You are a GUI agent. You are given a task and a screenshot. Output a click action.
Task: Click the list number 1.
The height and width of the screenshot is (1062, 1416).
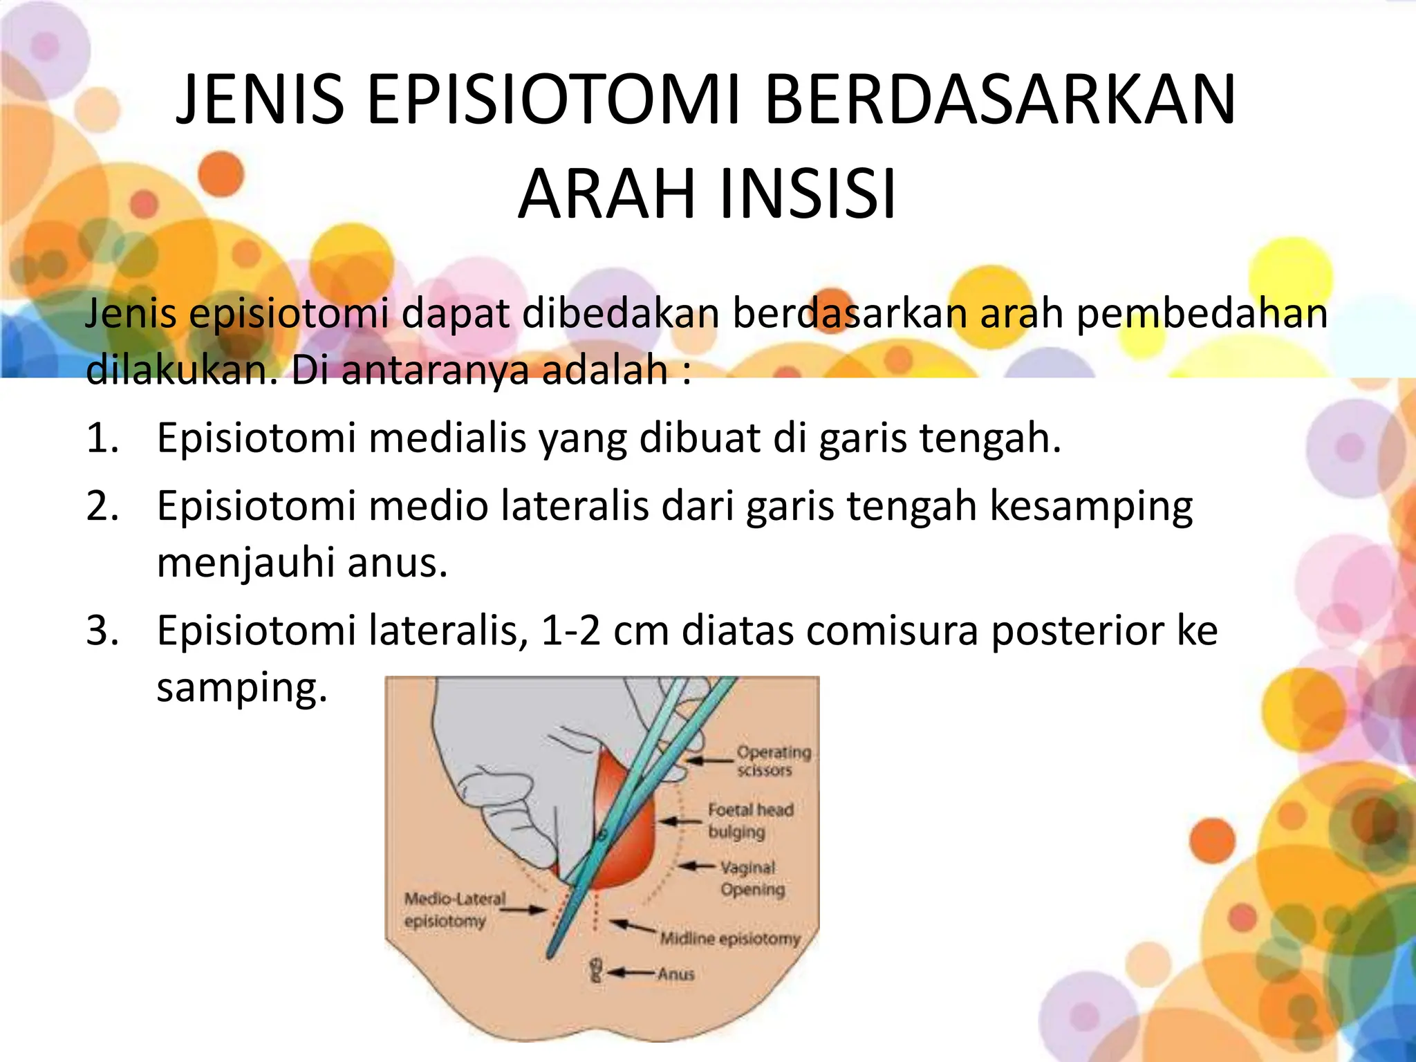(x=102, y=438)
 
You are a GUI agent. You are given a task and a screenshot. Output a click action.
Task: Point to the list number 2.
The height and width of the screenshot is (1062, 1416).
(x=102, y=506)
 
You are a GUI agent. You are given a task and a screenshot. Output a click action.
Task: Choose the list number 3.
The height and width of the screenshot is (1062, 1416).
(x=102, y=631)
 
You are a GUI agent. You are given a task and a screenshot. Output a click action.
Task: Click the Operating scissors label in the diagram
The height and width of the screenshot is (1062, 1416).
(x=773, y=761)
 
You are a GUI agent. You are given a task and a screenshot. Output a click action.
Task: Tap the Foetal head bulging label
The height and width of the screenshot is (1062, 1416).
(x=749, y=820)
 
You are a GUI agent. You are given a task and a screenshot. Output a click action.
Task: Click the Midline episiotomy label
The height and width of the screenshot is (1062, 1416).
(x=729, y=938)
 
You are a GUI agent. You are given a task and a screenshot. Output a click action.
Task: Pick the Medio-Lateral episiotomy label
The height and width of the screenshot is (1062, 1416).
(x=454, y=910)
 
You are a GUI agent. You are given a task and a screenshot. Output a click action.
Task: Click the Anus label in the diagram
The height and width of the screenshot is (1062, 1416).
(x=676, y=973)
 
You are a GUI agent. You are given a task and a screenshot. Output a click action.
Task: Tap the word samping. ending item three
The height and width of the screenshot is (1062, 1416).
(x=241, y=687)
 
